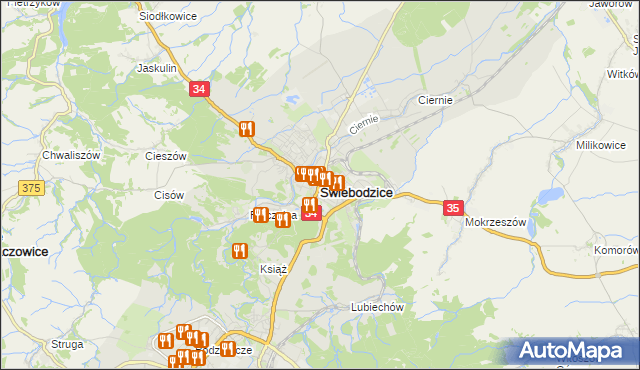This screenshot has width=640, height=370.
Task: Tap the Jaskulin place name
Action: tap(157, 69)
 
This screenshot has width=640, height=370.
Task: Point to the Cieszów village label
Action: tap(166, 157)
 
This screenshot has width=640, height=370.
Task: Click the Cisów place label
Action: tap(168, 195)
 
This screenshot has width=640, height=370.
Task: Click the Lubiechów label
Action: tap(376, 307)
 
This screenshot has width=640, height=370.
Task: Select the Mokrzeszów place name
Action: tap(495, 222)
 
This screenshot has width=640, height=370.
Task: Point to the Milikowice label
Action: tap(600, 145)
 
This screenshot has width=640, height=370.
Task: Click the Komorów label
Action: tap(615, 250)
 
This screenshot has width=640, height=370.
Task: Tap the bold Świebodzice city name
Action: tap(356, 192)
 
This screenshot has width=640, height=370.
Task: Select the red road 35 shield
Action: tap(453, 208)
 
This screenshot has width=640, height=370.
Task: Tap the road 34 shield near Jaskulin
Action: tap(200, 89)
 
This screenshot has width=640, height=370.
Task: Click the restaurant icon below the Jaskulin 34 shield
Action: tap(247, 128)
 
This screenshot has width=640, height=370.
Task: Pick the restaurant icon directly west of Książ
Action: tap(239, 251)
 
